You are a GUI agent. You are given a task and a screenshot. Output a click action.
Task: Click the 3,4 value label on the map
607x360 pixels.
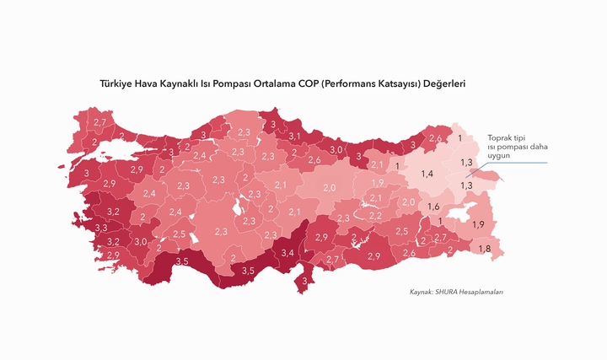click(287, 252)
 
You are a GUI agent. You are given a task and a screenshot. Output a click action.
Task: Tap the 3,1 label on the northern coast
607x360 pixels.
click(295, 136)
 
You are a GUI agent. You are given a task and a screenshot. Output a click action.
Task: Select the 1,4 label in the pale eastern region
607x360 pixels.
click(427, 174)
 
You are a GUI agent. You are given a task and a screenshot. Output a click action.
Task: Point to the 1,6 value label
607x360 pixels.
click(434, 207)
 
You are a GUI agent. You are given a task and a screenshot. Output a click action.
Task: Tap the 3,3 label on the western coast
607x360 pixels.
click(101, 228)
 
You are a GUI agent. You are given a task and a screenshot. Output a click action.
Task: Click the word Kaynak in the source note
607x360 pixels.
click(421, 292)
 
